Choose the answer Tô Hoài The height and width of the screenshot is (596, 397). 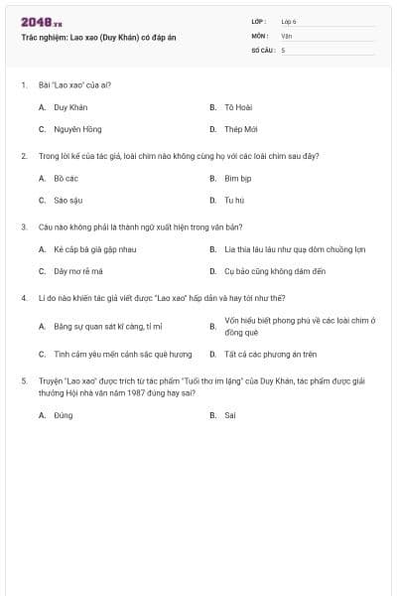point(235,106)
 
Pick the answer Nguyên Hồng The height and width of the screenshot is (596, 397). point(77,129)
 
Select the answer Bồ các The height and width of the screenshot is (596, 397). point(66,178)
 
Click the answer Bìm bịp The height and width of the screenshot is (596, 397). point(237,178)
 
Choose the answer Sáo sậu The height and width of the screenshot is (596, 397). point(67,200)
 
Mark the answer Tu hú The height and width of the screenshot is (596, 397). point(233,200)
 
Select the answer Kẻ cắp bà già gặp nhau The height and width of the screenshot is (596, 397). point(93,249)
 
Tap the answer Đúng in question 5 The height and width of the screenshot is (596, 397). point(64,415)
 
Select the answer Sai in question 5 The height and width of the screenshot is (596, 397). point(229,415)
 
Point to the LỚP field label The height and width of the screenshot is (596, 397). point(259,21)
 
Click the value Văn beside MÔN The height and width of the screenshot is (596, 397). point(287,35)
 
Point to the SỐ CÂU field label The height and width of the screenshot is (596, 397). point(262,49)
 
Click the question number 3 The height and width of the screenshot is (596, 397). point(23,227)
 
